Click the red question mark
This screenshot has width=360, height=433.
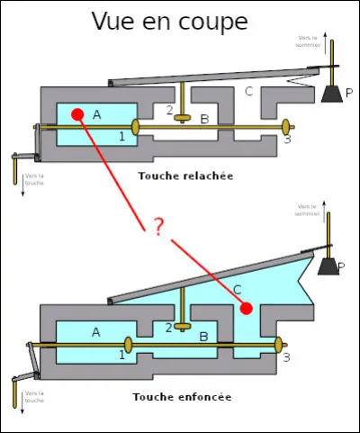(158, 226)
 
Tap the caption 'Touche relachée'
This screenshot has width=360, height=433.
(185, 176)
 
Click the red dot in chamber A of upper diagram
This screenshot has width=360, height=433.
(77, 114)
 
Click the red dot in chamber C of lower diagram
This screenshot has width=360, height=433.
(245, 309)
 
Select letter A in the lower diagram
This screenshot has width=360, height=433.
(95, 331)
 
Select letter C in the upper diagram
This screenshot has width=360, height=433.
(250, 92)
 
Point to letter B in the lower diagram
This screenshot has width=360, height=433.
(203, 337)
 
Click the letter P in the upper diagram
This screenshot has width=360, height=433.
(349, 93)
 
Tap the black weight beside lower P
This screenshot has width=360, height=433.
(326, 266)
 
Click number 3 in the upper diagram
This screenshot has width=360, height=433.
(286, 140)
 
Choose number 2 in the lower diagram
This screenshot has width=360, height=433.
(168, 328)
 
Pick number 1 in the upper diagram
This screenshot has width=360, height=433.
(121, 135)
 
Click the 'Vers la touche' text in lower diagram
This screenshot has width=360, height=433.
(34, 397)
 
